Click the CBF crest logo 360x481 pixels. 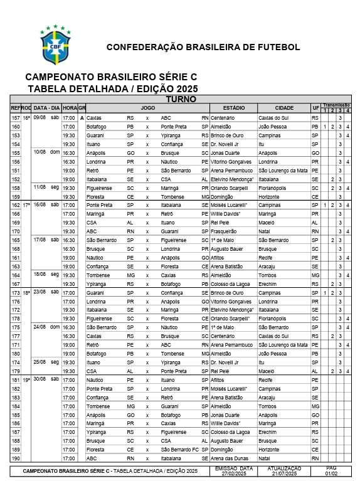56,46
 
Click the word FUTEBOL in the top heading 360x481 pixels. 276,47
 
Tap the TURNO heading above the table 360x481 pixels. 181,99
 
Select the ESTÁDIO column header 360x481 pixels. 233,108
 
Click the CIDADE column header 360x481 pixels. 275,108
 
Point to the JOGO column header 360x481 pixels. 148,108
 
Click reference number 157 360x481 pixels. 16,118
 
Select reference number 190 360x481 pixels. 16,458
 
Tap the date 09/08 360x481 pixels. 40,118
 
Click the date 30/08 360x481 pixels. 40,380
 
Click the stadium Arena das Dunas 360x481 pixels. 230,458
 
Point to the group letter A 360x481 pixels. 82,118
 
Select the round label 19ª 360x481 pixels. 26,380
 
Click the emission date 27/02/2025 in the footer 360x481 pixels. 233,473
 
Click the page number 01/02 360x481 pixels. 331,473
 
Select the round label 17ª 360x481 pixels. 26,205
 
